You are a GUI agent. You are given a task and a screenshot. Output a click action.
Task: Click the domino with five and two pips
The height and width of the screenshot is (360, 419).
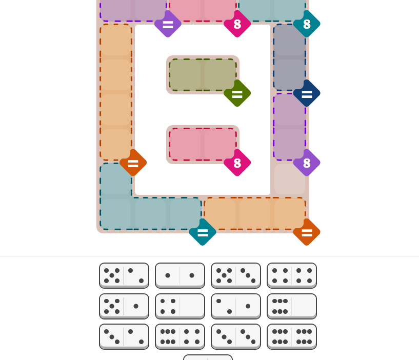pyautogui.click(x=124, y=275)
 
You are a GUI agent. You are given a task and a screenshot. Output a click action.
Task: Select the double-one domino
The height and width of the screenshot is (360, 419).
pyautogui.click(x=180, y=275)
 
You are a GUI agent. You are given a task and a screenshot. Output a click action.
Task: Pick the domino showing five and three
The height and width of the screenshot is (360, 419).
pyautogui.click(x=236, y=275)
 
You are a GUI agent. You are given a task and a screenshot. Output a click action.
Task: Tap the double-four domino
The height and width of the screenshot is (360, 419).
pyautogui.click(x=292, y=275)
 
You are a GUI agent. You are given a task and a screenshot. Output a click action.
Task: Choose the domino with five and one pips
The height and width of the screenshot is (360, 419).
pyautogui.click(x=124, y=306)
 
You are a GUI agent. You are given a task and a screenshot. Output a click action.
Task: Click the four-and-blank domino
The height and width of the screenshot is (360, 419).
pyautogui.click(x=180, y=306)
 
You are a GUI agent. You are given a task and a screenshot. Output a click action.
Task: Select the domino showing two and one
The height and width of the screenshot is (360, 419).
pyautogui.click(x=236, y=306)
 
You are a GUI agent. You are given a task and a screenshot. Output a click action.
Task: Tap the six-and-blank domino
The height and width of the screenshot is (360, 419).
pyautogui.click(x=292, y=306)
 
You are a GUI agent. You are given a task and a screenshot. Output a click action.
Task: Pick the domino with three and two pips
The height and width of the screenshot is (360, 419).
pyautogui.click(x=124, y=337)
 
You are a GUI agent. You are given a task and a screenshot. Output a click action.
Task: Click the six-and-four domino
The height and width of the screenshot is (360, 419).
pyautogui.click(x=180, y=337)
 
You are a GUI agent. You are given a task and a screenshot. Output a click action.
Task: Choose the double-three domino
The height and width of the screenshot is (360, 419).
pyautogui.click(x=236, y=337)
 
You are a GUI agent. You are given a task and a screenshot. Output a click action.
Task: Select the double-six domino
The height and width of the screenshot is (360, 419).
pyautogui.click(x=292, y=337)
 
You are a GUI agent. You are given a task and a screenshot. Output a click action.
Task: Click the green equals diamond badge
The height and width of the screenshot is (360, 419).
pyautogui.click(x=237, y=93)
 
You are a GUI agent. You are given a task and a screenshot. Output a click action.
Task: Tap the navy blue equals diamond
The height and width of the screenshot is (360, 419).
pyautogui.click(x=307, y=93)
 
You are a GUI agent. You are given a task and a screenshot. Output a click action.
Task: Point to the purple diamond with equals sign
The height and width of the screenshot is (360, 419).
pyautogui.click(x=168, y=24)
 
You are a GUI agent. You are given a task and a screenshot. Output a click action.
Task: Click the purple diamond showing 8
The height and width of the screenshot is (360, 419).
pyautogui.click(x=307, y=163)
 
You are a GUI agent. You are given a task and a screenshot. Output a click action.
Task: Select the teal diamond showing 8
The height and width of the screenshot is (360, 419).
pyautogui.click(x=307, y=24)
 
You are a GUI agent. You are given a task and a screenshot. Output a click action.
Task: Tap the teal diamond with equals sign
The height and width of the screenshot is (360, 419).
pyautogui.click(x=203, y=232)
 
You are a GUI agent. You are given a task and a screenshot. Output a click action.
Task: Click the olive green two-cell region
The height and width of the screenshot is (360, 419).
pyautogui.click(x=203, y=75)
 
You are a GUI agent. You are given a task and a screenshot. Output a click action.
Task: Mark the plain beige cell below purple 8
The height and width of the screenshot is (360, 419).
pyautogui.click(x=290, y=179)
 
